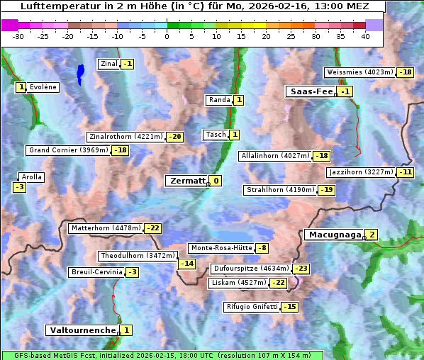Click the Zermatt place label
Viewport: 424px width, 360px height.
click(186, 181)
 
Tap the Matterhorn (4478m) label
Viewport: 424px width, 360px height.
click(106, 228)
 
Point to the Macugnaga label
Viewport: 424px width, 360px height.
click(334, 235)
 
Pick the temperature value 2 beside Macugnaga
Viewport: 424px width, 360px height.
click(372, 235)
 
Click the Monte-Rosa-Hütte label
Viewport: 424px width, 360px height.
click(221, 248)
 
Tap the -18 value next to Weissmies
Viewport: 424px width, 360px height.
click(406, 72)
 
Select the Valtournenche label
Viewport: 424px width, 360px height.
click(82, 330)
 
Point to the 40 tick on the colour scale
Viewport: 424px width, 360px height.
click(365, 36)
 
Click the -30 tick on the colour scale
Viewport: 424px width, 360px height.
click(18, 36)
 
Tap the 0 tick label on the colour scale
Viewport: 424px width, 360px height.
click(167, 36)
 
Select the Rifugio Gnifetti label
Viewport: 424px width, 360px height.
click(252, 307)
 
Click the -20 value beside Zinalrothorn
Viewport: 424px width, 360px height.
click(175, 137)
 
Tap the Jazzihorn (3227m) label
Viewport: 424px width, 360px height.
click(360, 172)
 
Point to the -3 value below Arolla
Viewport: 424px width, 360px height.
click(19, 187)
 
